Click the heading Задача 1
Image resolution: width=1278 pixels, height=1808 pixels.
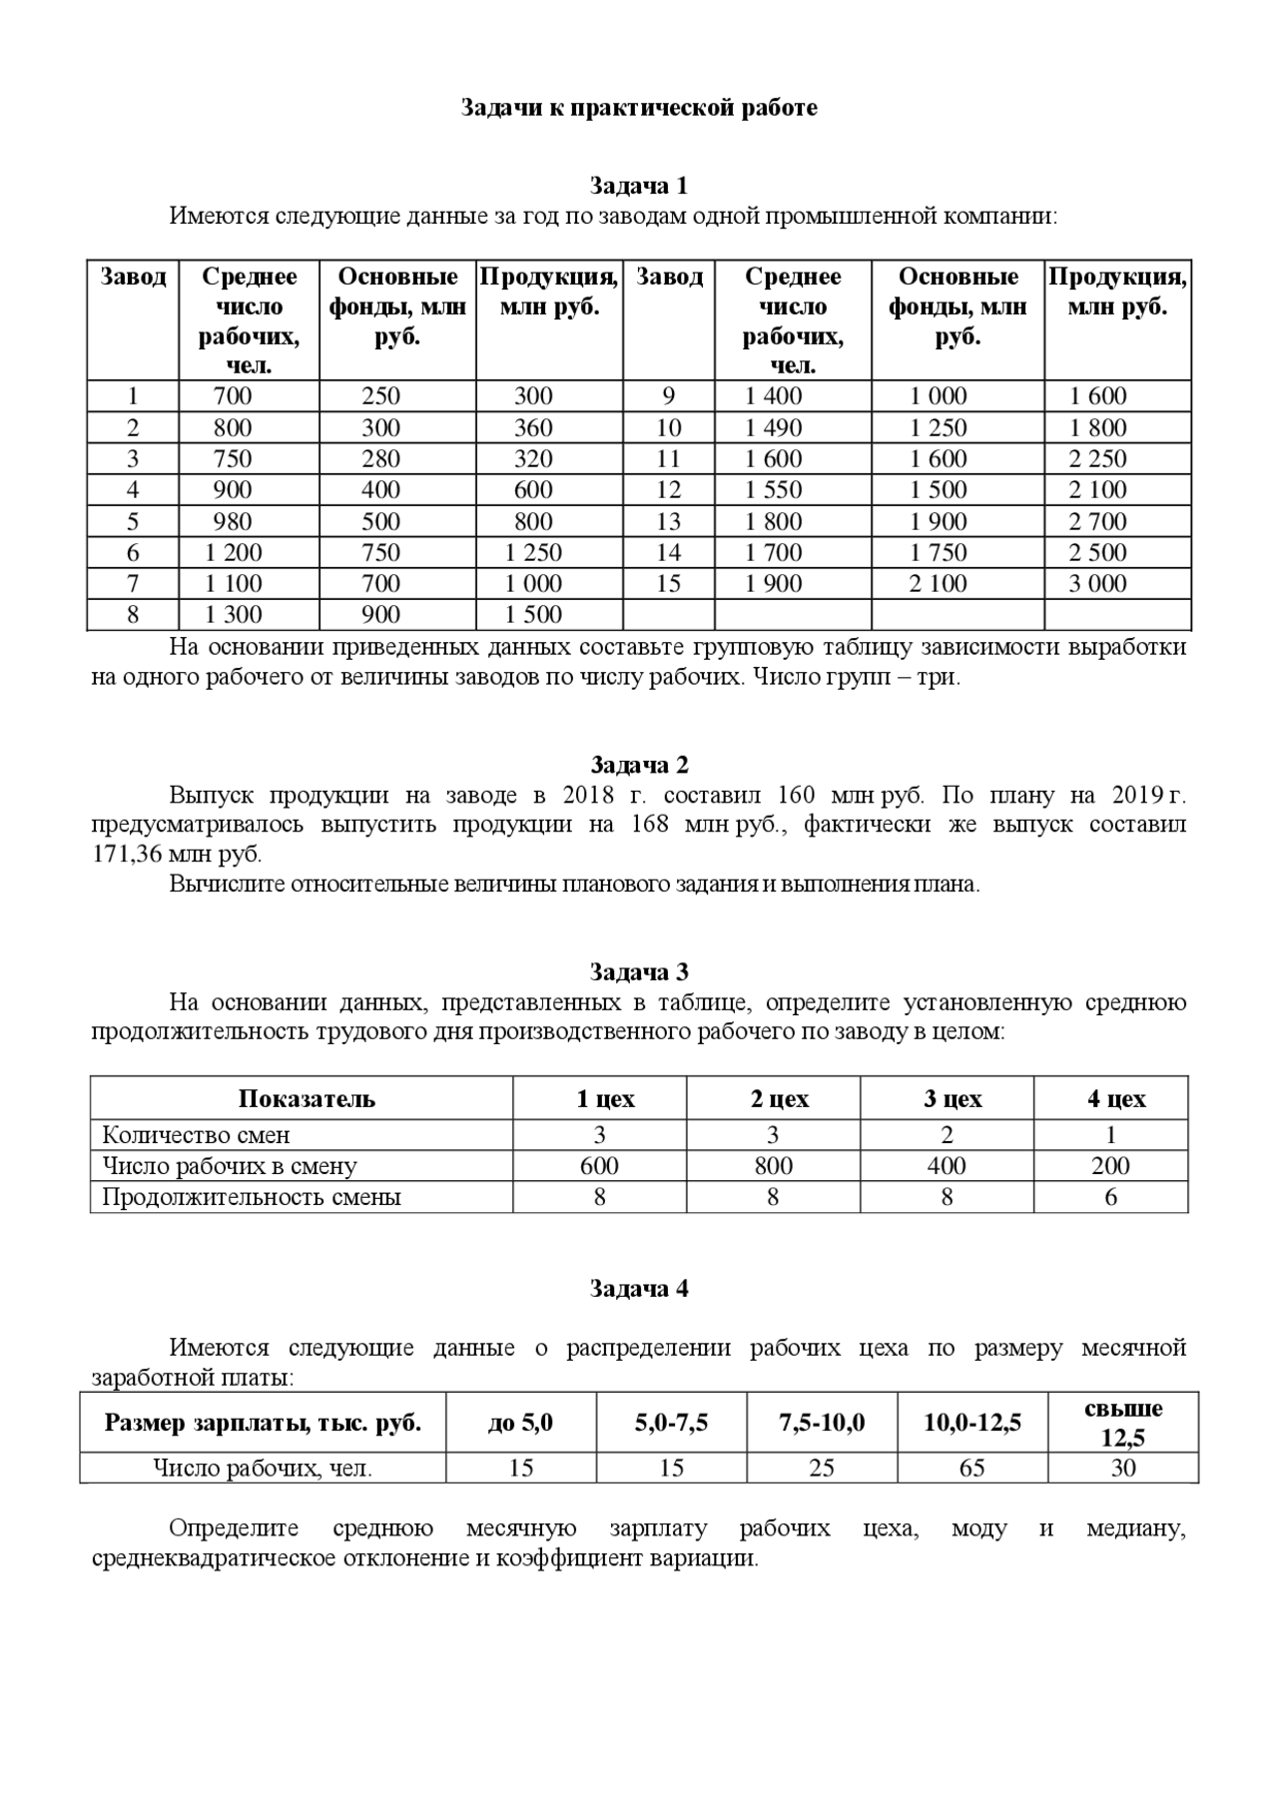(x=639, y=186)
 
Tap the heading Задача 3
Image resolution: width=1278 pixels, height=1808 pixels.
(x=639, y=972)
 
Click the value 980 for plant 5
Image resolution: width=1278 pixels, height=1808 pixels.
(x=233, y=521)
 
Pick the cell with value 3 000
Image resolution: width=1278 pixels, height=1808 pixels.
(x=1097, y=584)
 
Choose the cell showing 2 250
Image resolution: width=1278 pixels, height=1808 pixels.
(x=1097, y=459)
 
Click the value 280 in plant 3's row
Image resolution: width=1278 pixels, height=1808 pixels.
(x=380, y=459)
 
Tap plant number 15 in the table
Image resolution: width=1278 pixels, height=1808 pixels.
(x=668, y=584)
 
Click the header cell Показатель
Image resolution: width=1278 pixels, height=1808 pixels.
(x=307, y=1099)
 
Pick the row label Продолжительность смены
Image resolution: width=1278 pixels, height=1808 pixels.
(x=252, y=1197)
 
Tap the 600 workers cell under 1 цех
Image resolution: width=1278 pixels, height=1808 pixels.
(x=599, y=1166)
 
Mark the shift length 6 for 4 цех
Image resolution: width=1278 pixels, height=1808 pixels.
(x=1111, y=1197)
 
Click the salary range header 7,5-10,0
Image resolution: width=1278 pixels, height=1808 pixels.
(x=822, y=1423)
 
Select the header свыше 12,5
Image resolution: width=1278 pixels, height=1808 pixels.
(x=1123, y=1423)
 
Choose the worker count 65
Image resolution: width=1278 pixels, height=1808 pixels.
(x=971, y=1468)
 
